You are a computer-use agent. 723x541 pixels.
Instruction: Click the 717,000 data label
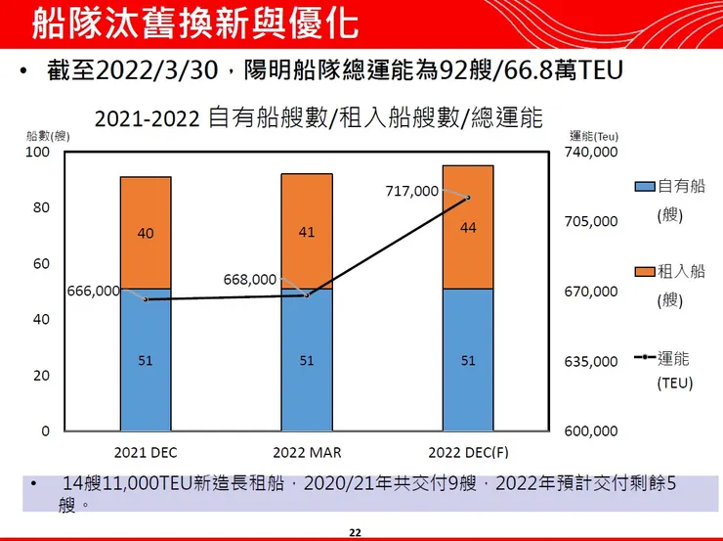tap(413, 191)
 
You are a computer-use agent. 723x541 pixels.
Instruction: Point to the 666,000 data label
tap(93, 291)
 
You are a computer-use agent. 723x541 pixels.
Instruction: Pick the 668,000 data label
tap(250, 279)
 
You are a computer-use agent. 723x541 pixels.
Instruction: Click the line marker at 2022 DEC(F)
tap(468, 198)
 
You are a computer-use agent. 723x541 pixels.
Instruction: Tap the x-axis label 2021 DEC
tap(145, 453)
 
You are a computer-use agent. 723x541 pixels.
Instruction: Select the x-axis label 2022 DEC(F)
tap(468, 453)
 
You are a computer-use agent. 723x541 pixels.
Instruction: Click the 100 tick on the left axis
tap(37, 152)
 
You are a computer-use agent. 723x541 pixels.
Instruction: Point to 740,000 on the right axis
tap(592, 152)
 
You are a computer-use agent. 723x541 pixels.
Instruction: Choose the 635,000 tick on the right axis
tap(592, 361)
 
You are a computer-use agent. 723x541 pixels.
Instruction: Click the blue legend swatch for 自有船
tap(644, 186)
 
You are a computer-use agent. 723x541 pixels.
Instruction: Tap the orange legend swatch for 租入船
tap(644, 271)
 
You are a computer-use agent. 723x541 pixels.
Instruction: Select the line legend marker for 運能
tap(644, 357)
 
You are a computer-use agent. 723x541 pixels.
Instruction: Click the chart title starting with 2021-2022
tap(319, 119)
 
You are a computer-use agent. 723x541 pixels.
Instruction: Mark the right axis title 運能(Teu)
tap(594, 136)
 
